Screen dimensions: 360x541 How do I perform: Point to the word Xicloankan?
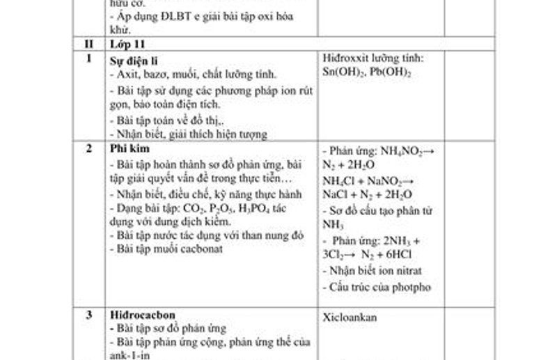(x=350, y=317)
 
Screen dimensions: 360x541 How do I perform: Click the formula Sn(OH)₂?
(x=345, y=72)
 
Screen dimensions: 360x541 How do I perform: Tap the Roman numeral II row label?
(x=88, y=44)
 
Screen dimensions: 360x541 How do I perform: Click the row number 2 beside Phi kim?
(x=88, y=148)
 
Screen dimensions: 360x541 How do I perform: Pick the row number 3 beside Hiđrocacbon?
(x=88, y=315)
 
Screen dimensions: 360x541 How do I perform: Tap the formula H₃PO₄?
(x=258, y=208)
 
